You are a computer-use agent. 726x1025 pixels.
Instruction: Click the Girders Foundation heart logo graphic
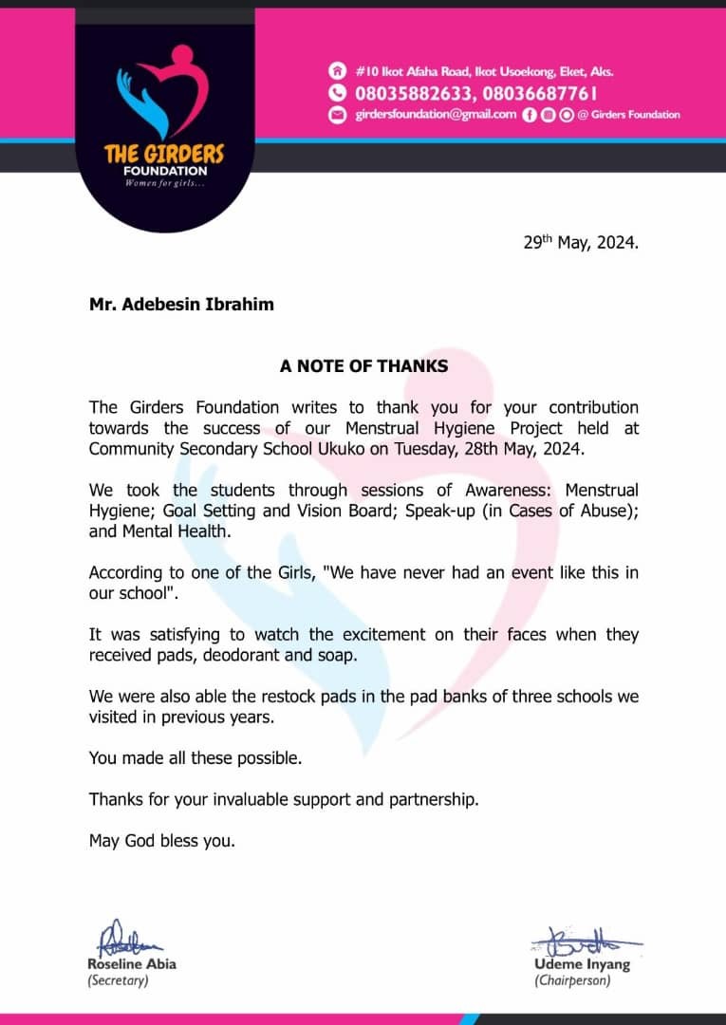(x=162, y=92)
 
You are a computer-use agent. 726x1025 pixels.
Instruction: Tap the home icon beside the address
(x=336, y=71)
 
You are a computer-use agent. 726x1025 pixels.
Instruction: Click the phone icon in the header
(x=336, y=93)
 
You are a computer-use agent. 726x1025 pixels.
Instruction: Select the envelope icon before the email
(x=336, y=115)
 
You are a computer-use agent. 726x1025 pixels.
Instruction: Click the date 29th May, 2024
(x=581, y=242)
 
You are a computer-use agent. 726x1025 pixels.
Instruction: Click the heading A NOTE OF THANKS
(x=363, y=365)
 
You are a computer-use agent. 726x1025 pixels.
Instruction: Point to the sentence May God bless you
(x=161, y=840)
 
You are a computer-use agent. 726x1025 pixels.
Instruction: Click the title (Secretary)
(x=119, y=980)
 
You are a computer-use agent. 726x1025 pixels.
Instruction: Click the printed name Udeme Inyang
(x=581, y=965)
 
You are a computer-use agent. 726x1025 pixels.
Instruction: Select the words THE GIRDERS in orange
(x=164, y=154)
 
